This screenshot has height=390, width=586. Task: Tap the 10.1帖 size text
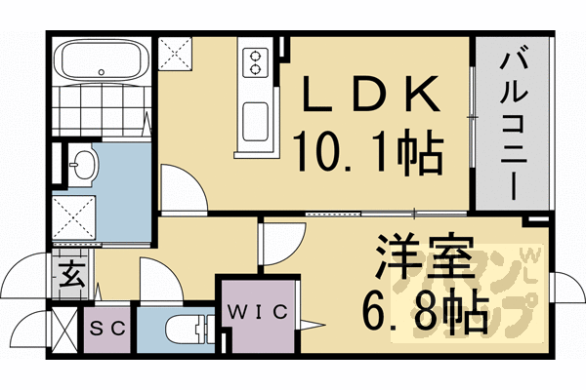pyautogui.click(x=369, y=151)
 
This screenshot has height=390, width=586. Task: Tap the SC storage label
pyautogui.click(x=108, y=329)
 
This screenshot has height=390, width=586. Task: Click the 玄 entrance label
pyautogui.click(x=71, y=271)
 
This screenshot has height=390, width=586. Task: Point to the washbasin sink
pyautogui.click(x=82, y=165)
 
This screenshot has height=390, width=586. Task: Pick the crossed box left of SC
pyautogui.click(x=64, y=330)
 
